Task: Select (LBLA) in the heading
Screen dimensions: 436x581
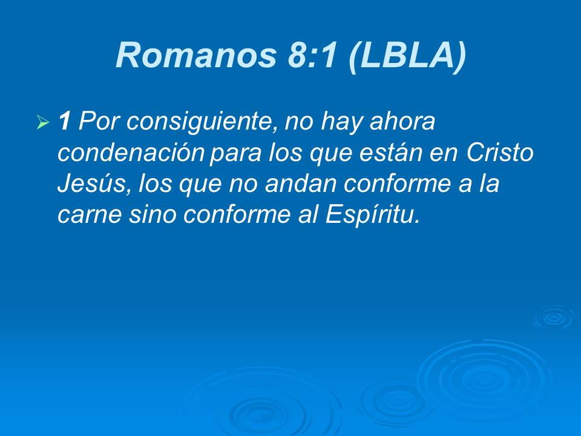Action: point(407,56)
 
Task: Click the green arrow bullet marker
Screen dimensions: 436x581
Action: point(42,124)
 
